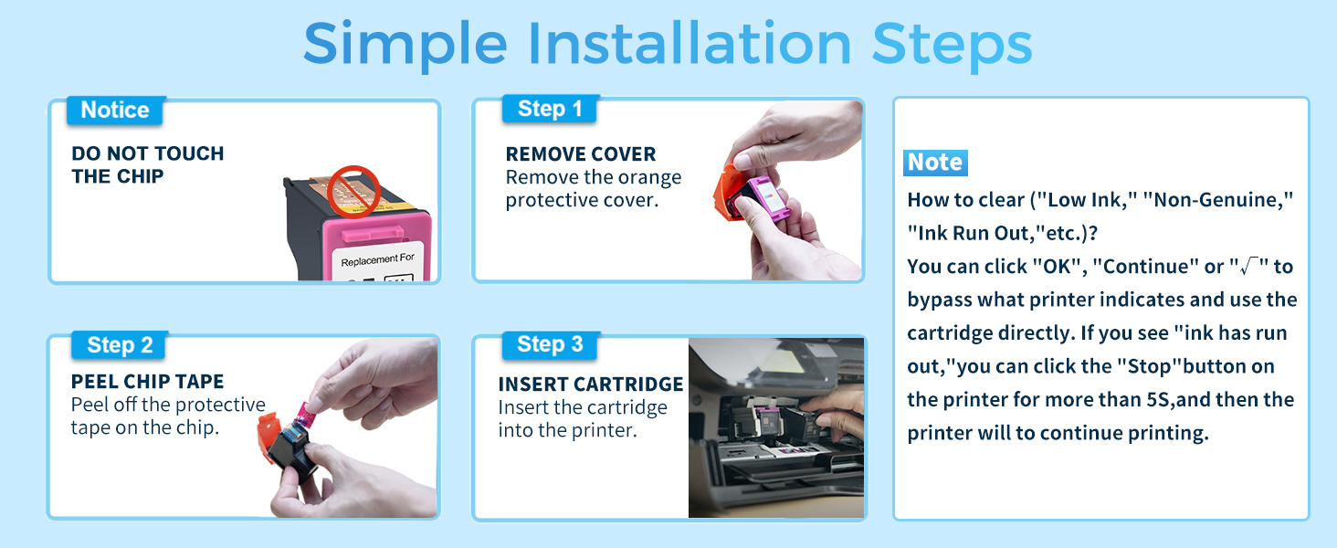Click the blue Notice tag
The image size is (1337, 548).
point(114,111)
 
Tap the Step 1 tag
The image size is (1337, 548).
point(550,110)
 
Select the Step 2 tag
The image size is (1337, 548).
point(120,345)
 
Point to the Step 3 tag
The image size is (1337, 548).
point(550,344)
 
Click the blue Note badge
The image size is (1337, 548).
point(935,163)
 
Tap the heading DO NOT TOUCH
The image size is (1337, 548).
point(148,153)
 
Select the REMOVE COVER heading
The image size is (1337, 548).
point(581,154)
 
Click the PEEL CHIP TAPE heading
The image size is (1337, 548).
point(147,382)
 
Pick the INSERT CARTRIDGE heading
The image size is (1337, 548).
point(591,384)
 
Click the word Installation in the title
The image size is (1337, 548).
point(690,44)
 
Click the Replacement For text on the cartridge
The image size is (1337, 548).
point(377,259)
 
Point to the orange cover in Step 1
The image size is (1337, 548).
point(728,193)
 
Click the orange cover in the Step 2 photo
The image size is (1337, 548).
point(268,437)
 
